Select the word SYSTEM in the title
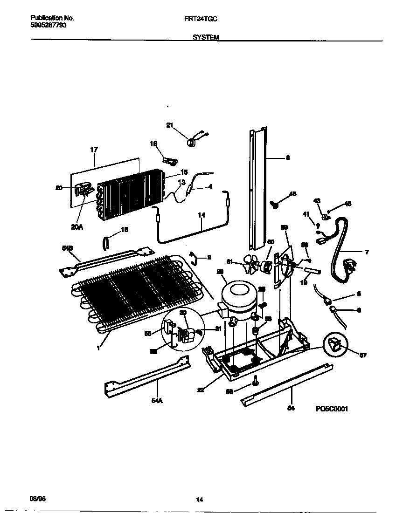tap(206, 37)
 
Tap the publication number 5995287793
tap(49, 25)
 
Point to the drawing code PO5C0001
tap(332, 409)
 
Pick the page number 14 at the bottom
tap(199, 500)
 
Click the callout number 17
tap(94, 150)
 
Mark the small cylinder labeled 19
tap(311, 271)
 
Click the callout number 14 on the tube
tap(201, 216)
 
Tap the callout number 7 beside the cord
tap(367, 252)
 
